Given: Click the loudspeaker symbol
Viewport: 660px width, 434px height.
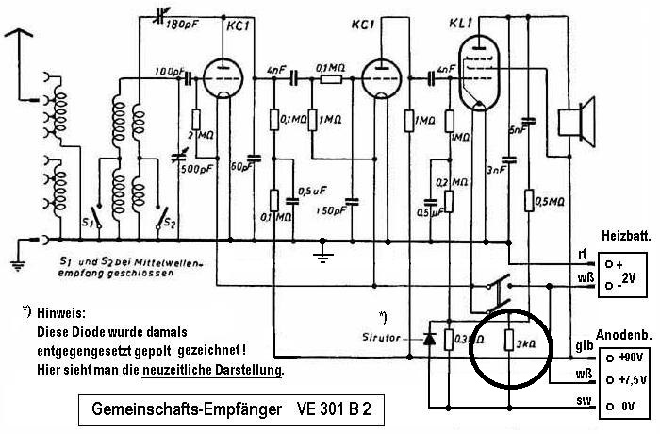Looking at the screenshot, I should click(x=571, y=124).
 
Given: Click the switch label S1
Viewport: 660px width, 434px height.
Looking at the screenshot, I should click(x=88, y=225).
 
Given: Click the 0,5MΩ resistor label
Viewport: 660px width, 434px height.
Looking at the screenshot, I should click(x=548, y=201).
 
